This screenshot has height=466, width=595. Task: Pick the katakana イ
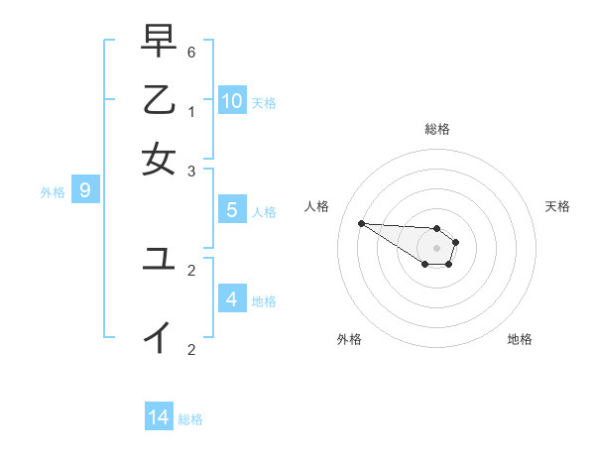pyautogui.click(x=159, y=337)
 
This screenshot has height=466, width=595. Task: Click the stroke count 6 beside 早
pyautogui.click(x=191, y=52)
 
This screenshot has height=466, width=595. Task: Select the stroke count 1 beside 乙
pyautogui.click(x=191, y=111)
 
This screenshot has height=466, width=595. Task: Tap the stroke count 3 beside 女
pyautogui.click(x=191, y=171)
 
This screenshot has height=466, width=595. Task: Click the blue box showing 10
pyautogui.click(x=232, y=100)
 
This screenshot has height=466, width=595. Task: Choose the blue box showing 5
pyautogui.click(x=231, y=209)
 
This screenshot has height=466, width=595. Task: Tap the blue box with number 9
pyautogui.click(x=84, y=189)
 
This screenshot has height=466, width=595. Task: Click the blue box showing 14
pyautogui.click(x=159, y=417)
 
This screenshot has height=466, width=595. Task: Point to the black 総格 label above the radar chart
pyautogui.click(x=437, y=129)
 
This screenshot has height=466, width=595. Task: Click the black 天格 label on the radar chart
pyautogui.click(x=557, y=206)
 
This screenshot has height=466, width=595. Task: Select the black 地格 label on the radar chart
pyautogui.click(x=520, y=339)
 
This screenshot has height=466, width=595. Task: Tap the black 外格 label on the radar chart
pyautogui.click(x=349, y=339)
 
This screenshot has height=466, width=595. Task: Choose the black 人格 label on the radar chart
pyautogui.click(x=317, y=206)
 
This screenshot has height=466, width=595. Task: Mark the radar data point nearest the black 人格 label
pyautogui.click(x=361, y=223)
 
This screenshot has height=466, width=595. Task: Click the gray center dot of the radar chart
pyautogui.click(x=437, y=248)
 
